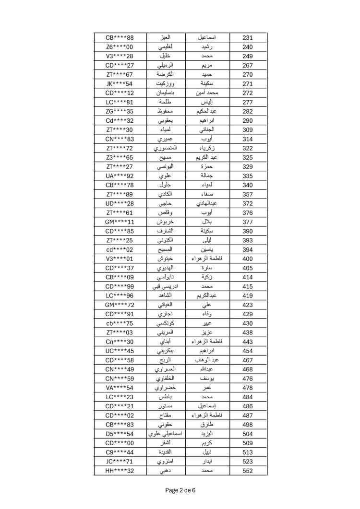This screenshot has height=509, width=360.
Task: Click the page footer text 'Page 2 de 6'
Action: coord(180,490)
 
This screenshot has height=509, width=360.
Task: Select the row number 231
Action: coord(248,38)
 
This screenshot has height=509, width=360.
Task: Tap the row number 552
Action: coord(248,471)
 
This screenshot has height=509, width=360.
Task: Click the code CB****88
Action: coord(120,38)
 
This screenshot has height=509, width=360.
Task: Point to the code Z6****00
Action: coord(120,47)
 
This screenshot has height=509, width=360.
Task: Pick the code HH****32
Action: coord(120,471)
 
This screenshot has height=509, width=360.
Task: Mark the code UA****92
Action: coord(120,176)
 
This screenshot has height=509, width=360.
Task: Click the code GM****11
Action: coord(120,222)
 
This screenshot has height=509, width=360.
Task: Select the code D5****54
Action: coord(120,434)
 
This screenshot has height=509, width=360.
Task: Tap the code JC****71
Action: coord(120,462)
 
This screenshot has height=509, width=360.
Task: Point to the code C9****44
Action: coord(120,452)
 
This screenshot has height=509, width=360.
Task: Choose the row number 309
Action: coord(248,130)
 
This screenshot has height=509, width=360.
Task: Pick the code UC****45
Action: coord(120,351)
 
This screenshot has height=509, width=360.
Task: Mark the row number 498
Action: coord(248,425)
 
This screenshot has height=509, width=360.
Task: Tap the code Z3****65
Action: coord(120,157)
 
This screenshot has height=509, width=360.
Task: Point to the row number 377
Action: coord(248,222)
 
